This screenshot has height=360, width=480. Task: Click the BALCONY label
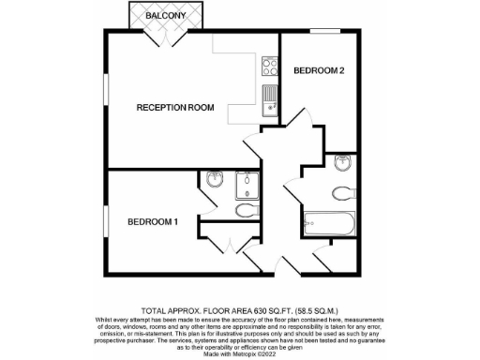[165, 17]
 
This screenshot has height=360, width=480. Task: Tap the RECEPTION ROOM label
[175, 108]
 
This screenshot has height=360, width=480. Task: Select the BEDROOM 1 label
[152, 221]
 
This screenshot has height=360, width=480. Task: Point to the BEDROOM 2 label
[319, 71]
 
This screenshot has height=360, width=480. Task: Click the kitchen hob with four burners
[269, 67]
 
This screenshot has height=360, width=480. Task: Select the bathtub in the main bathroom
[328, 224]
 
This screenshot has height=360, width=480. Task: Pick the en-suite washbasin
[214, 180]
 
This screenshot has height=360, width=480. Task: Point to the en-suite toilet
[246, 210]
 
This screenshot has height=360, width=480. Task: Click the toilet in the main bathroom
[343, 192]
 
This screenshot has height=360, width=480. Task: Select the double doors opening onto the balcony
[166, 40]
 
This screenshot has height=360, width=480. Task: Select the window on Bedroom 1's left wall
[105, 222]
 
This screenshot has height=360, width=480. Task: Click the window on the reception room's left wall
[105, 97]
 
